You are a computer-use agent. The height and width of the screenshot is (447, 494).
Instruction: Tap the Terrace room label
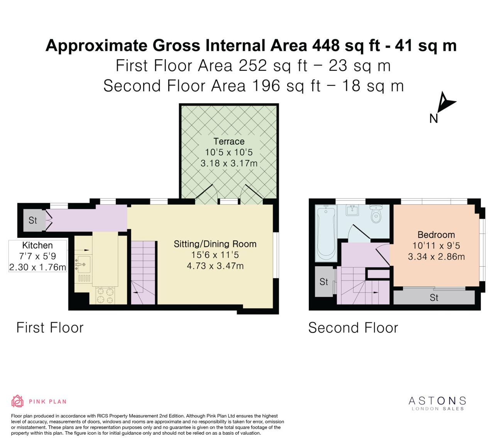[229, 141]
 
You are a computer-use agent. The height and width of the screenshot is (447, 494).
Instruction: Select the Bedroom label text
[436, 235]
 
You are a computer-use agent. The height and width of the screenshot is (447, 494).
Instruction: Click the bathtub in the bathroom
[326, 234]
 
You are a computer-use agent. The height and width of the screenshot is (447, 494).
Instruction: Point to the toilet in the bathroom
[376, 213]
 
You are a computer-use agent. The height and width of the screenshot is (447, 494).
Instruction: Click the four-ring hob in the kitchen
[105, 296]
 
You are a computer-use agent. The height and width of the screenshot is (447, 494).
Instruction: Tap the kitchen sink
[83, 265]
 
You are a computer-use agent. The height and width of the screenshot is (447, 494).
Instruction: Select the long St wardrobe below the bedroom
[434, 298]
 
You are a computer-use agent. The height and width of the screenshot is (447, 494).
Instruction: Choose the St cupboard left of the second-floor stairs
[324, 282]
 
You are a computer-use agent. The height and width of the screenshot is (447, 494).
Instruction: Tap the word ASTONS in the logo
[437, 401]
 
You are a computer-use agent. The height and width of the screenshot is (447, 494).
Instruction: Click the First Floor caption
[50, 328]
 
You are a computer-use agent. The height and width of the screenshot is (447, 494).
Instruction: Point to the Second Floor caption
[353, 328]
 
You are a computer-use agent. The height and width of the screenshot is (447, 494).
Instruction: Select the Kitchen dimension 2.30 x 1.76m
[37, 267]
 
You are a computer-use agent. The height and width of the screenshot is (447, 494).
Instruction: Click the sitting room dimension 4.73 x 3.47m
[215, 266]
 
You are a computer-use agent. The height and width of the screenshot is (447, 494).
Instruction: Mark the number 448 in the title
[326, 45]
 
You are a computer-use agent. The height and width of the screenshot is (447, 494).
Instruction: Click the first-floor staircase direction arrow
[135, 292]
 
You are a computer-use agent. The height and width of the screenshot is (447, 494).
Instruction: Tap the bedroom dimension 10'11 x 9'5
[436, 245]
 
